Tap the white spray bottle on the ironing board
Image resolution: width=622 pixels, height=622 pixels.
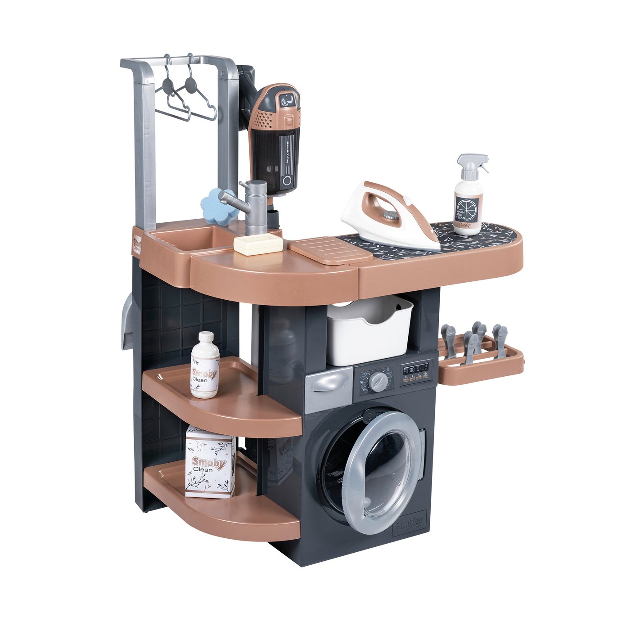click(x=469, y=198)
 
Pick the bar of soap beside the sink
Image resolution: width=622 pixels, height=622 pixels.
click(x=258, y=244)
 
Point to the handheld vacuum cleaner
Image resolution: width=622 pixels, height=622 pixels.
click(x=275, y=140)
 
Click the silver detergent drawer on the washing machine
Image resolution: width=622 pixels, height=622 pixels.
click(x=329, y=389)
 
